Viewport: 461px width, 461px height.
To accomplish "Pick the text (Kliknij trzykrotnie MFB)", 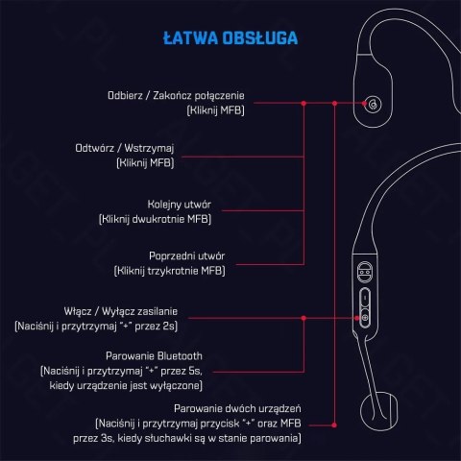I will (x=169, y=272).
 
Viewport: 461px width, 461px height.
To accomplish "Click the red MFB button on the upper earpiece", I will (x=372, y=104).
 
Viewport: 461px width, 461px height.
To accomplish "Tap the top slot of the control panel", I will (x=364, y=274).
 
